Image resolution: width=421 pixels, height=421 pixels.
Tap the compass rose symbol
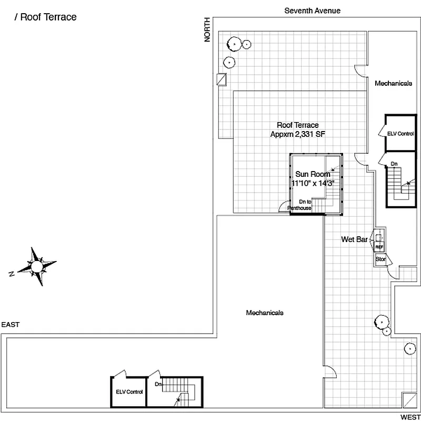[x=37, y=267]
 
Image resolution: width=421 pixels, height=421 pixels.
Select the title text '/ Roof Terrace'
[x=46, y=17]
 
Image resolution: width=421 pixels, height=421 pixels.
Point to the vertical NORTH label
[x=208, y=30]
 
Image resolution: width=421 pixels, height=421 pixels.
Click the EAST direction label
[x=10, y=325]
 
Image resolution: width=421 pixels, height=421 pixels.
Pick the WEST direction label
[x=410, y=417]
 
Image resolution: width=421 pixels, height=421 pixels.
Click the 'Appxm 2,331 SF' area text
[x=298, y=134]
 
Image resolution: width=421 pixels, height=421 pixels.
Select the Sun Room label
[x=312, y=174]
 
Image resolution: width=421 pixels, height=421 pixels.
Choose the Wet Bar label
[x=354, y=239]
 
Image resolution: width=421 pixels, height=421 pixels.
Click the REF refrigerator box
[x=379, y=246]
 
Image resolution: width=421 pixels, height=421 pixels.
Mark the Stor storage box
[x=380, y=259]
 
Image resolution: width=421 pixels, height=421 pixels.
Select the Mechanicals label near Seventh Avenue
[x=393, y=83]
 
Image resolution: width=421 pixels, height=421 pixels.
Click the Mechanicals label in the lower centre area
[x=265, y=313]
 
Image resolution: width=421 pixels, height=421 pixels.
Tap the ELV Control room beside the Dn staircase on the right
[x=400, y=134]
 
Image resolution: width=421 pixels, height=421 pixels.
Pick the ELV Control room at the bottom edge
[x=129, y=392]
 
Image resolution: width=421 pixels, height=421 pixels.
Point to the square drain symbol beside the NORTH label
[x=222, y=79]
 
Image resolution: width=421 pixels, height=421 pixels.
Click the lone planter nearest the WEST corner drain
[x=408, y=348]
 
